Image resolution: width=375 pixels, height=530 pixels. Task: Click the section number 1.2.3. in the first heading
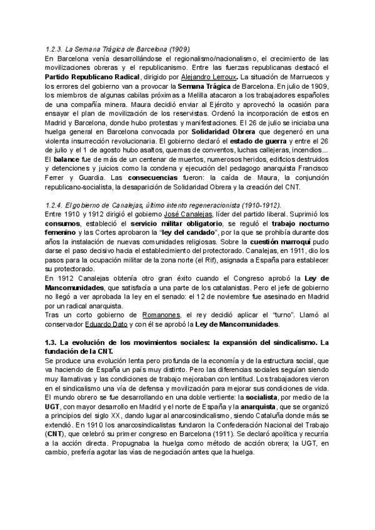(x=55, y=48)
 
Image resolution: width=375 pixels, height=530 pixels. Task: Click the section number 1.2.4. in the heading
(x=55, y=204)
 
